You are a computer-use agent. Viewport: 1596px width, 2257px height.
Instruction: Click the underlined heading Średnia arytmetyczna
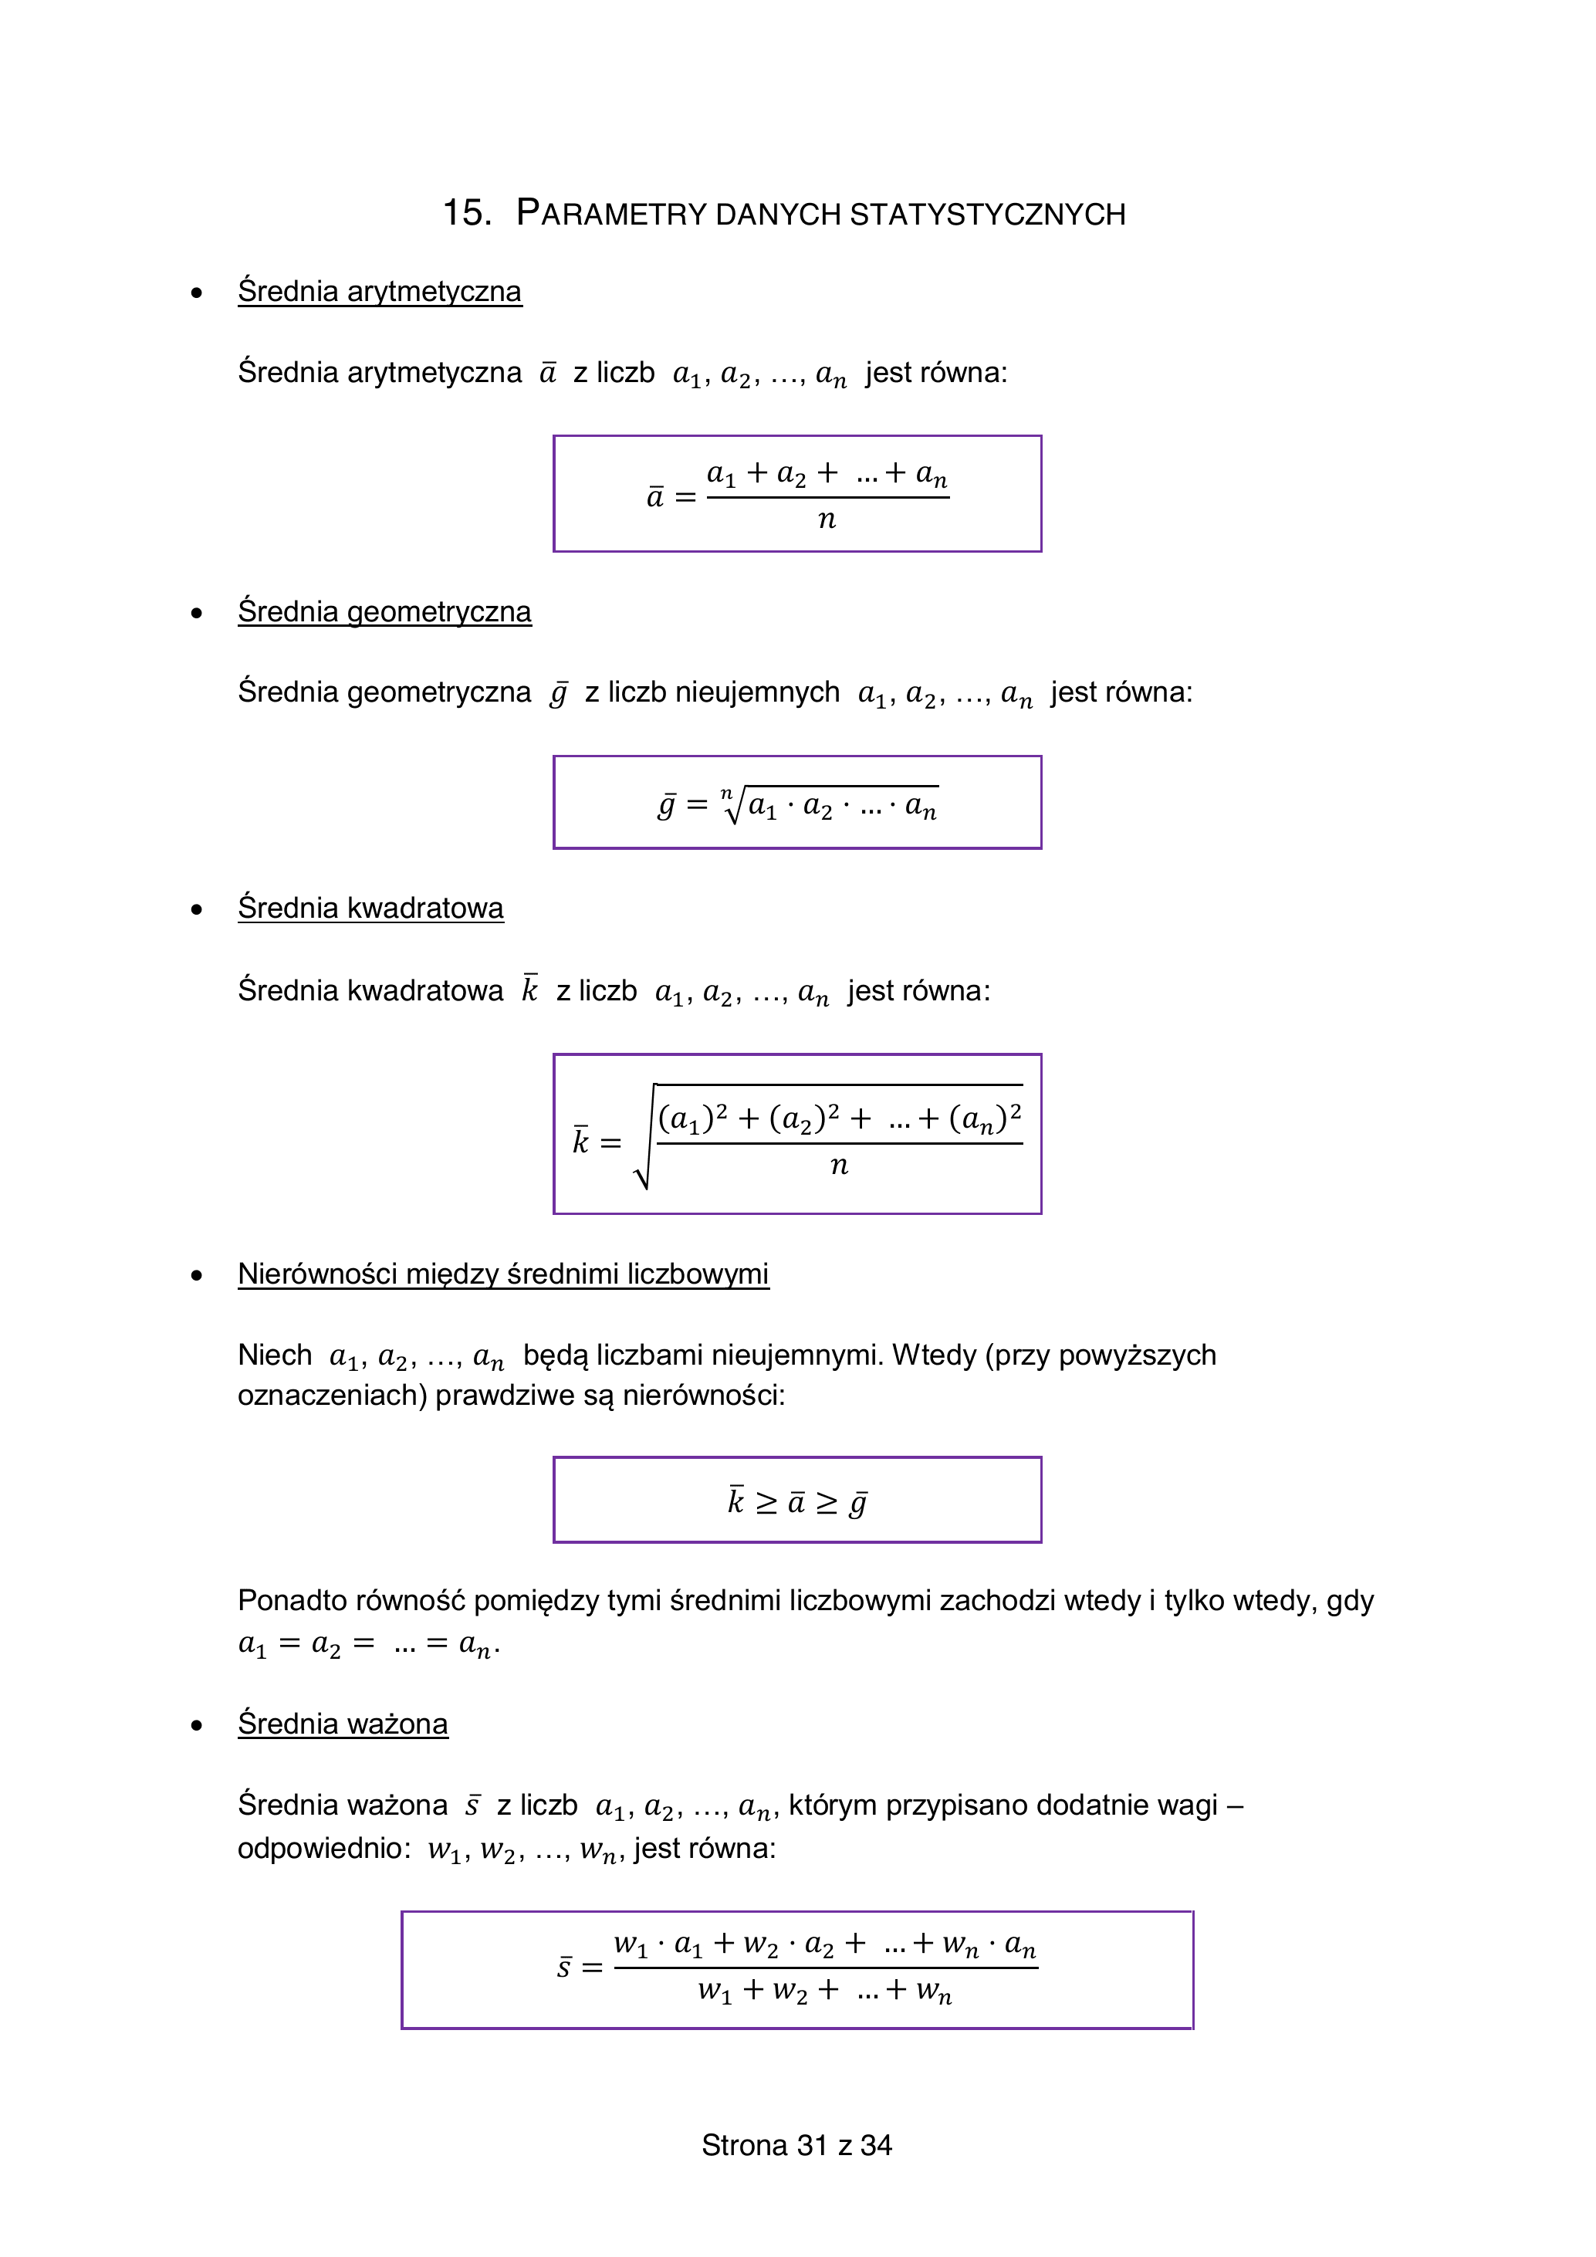tap(380, 292)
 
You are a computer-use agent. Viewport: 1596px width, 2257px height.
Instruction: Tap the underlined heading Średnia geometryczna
tap(384, 612)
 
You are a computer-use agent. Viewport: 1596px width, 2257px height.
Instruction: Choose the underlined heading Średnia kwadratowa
tap(370, 909)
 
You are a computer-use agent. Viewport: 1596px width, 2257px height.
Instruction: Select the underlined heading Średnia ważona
tap(342, 1724)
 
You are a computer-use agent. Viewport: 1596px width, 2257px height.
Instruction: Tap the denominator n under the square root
tap(838, 1166)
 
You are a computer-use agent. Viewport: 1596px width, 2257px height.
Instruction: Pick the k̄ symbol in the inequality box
tap(736, 1501)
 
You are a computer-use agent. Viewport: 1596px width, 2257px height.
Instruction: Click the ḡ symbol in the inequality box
tap(858, 1503)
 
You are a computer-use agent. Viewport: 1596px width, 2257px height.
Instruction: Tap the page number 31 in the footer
tap(812, 2145)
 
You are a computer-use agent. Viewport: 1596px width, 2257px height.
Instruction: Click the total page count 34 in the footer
tap(876, 2145)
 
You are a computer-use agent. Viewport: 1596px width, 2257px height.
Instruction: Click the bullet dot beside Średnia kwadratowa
tap(198, 909)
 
